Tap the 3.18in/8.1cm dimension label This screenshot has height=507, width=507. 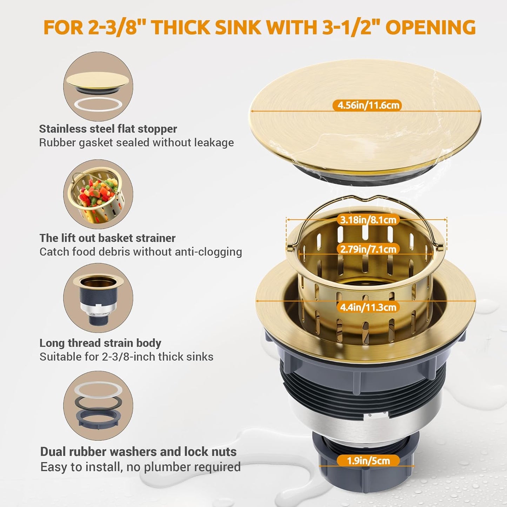[368, 220]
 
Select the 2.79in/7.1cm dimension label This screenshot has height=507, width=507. [368, 249]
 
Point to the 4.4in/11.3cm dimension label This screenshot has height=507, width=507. [368, 307]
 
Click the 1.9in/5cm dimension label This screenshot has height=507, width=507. [368, 460]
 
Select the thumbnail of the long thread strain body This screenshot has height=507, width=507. [98, 298]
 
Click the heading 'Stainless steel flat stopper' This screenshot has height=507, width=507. [108, 129]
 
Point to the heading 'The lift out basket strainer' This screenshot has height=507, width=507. [107, 238]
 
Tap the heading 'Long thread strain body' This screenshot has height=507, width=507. [100, 343]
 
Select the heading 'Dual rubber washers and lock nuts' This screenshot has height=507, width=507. [138, 452]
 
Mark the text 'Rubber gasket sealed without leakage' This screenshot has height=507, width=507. [136, 143]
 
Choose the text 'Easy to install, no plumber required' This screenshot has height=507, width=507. [140, 467]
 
